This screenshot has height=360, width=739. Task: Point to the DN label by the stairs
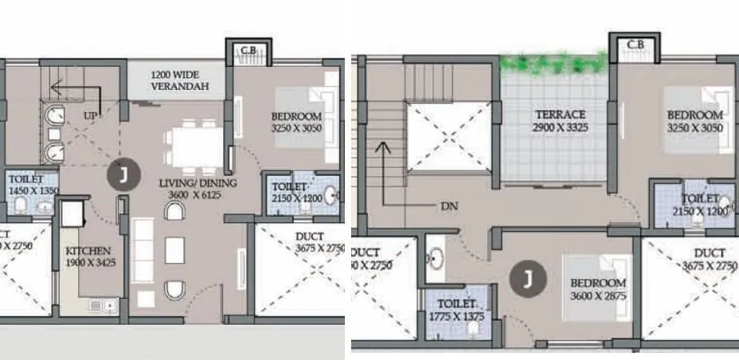click(x=449, y=205)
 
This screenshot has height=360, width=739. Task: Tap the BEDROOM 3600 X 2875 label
click(x=597, y=289)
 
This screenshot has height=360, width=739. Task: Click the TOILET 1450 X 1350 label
click(x=33, y=186)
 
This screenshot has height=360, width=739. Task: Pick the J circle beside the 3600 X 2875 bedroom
click(x=525, y=278)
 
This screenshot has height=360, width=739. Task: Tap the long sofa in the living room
click(x=143, y=248)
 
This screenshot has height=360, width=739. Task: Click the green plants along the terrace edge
click(x=553, y=62)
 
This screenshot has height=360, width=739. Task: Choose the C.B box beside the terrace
click(x=635, y=45)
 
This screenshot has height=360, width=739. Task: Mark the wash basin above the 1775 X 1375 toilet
click(x=436, y=258)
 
